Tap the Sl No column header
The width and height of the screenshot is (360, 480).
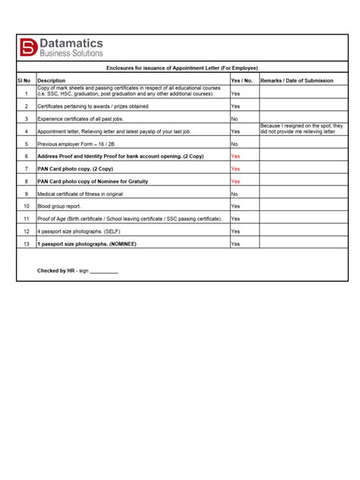[25, 80]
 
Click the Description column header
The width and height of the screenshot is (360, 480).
[52, 80]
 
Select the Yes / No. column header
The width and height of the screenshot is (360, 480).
[242, 80]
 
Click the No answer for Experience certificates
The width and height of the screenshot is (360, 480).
[235, 119]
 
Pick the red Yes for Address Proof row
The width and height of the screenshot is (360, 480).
[235, 156]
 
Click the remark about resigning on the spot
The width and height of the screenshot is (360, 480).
[302, 128]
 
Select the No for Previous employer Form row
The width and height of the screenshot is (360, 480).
[235, 144]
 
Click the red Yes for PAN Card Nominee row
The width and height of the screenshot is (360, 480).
[235, 182]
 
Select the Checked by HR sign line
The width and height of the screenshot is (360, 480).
[77, 270]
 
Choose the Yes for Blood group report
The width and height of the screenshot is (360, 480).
[235, 206]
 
